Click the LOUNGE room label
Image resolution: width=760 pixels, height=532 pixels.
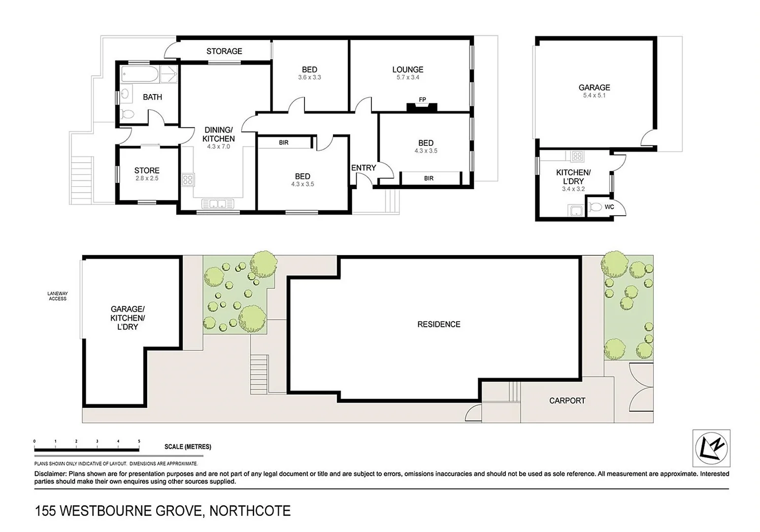(x=407, y=69)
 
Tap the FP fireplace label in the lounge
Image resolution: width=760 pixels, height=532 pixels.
(x=422, y=100)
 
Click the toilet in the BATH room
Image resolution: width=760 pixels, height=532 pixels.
(x=127, y=114)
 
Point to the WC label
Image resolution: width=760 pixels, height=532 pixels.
(x=609, y=207)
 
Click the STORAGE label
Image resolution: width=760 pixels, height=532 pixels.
(x=224, y=51)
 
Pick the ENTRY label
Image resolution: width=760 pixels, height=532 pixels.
(x=363, y=168)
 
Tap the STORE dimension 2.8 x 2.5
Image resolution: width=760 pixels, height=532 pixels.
(x=147, y=179)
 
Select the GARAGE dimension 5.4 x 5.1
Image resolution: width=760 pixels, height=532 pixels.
(x=594, y=96)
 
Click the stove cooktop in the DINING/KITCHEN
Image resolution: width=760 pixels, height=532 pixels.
(x=188, y=179)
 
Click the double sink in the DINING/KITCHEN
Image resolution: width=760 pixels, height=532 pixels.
(x=218, y=203)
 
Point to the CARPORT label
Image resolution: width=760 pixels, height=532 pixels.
(x=567, y=401)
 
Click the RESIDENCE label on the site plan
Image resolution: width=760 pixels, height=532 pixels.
(x=438, y=324)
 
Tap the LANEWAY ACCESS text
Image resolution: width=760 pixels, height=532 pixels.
(x=57, y=296)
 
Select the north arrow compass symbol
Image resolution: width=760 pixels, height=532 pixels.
(x=711, y=448)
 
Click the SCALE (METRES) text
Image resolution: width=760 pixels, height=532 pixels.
(x=188, y=447)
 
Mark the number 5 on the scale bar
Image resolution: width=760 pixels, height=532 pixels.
(x=139, y=441)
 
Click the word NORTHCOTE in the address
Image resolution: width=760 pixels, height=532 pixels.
(x=250, y=511)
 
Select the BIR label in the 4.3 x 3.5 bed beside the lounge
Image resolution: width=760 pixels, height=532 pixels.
(x=429, y=178)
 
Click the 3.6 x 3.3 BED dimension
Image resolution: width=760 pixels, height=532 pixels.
(x=309, y=77)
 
